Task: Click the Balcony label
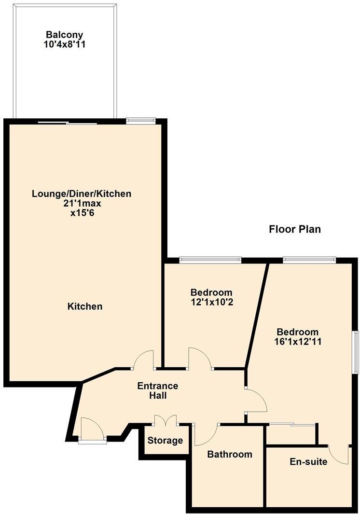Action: click(65, 35)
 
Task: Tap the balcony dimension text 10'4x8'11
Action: click(65, 44)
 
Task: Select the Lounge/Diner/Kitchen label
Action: click(82, 194)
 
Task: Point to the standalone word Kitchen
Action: click(85, 306)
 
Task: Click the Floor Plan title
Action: click(294, 229)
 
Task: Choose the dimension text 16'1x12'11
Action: click(297, 342)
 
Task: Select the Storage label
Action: click(165, 440)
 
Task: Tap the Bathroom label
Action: click(230, 454)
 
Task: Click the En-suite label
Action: click(308, 462)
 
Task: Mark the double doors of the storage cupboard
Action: click(166, 420)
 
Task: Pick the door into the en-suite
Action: click(339, 455)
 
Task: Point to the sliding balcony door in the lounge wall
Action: click(68, 123)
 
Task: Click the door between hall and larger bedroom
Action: click(256, 400)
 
